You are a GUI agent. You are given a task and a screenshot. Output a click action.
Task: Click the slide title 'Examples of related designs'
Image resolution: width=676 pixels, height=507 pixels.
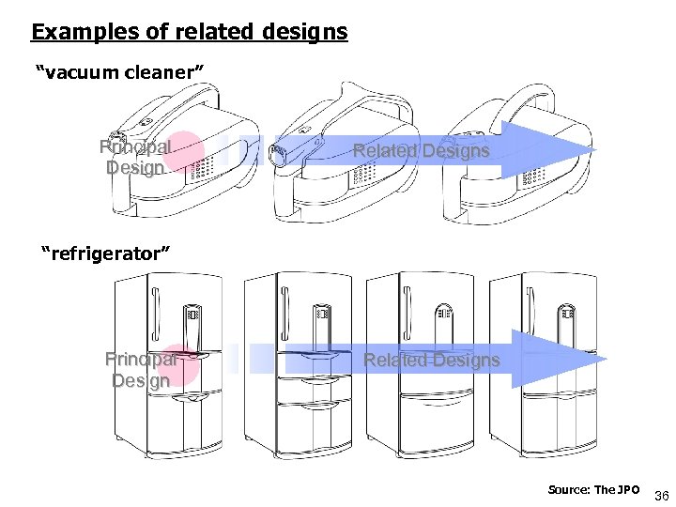pos(189,32)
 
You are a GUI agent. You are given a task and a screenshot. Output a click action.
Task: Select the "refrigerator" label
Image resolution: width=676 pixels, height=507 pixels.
pos(105,253)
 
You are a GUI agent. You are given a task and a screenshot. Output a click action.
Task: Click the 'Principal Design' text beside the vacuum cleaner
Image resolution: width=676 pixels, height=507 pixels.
pos(135,158)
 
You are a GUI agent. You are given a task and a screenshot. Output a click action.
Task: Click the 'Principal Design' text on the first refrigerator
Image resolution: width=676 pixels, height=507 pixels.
pos(141,369)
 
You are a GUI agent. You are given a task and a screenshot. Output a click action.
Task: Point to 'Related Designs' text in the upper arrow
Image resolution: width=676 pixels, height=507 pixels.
pos(421,150)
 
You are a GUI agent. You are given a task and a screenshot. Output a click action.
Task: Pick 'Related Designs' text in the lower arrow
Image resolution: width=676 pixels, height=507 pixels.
pos(431,360)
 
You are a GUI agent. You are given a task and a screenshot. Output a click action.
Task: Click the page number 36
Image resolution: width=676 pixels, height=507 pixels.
pos(659,495)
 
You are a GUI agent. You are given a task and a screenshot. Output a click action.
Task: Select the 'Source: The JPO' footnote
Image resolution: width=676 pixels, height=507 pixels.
pos(594,490)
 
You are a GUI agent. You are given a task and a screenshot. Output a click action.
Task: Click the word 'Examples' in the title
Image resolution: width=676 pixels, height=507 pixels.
pos(70,32)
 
